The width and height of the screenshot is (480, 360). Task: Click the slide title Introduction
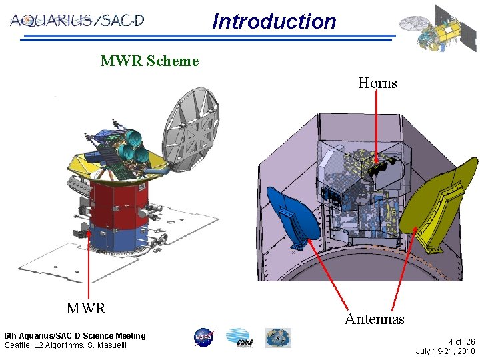[x=274, y=21]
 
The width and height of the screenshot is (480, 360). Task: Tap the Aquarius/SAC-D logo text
[x=77, y=20]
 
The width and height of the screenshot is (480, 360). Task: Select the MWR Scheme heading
[x=149, y=61]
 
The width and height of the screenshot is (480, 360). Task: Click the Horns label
[x=377, y=83]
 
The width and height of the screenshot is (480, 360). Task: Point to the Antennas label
[x=374, y=319]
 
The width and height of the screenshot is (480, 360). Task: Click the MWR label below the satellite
[x=86, y=308]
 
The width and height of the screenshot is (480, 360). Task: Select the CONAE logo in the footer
[x=239, y=338]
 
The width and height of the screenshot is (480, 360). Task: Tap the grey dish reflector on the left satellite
[x=190, y=130]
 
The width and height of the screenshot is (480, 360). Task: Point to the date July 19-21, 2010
[x=445, y=351]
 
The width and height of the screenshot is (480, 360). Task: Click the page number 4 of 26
[x=461, y=341]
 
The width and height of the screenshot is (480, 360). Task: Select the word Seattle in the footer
[x=18, y=345]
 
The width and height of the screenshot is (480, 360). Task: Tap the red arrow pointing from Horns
[x=377, y=127]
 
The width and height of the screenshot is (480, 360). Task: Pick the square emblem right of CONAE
[x=278, y=338]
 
